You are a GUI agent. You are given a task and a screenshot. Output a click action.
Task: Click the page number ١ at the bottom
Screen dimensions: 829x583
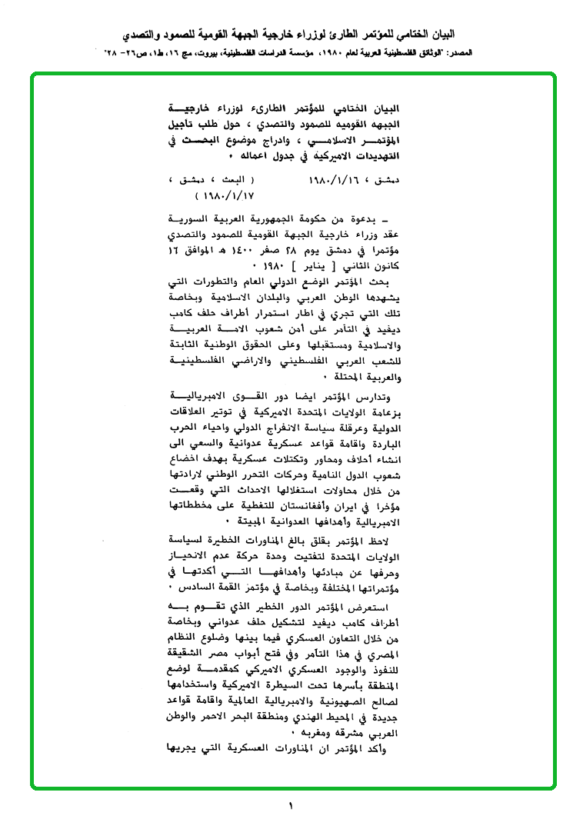(x=291, y=807)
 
